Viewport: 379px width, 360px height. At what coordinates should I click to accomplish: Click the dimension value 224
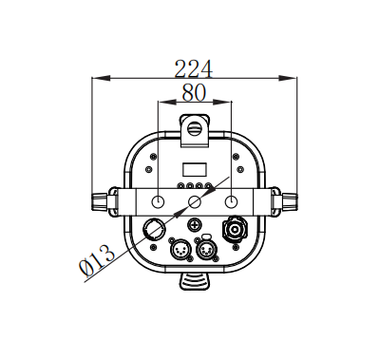click(x=194, y=68)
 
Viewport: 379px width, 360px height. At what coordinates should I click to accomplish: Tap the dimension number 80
click(x=194, y=92)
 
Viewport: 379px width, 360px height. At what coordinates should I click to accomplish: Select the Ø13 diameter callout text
click(x=96, y=259)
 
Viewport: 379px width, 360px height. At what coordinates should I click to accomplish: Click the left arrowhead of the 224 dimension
click(x=101, y=78)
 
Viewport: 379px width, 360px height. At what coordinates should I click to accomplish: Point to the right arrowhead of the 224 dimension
click(x=288, y=78)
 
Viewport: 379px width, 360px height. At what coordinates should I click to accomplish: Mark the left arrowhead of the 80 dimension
click(x=166, y=102)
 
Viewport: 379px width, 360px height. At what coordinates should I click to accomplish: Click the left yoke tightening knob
click(x=99, y=201)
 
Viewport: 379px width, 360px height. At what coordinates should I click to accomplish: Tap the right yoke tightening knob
click(x=290, y=201)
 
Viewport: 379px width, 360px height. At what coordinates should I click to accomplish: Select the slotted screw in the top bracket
click(x=195, y=128)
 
